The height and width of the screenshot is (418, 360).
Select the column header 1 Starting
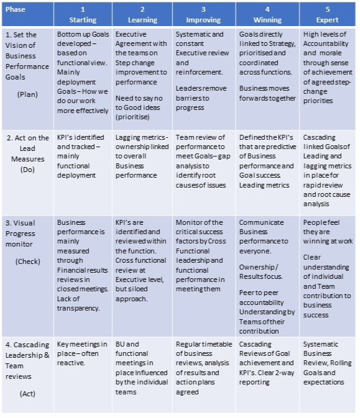[83, 14]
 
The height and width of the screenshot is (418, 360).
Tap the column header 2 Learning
[142, 14]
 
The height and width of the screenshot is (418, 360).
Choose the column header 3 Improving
[203, 14]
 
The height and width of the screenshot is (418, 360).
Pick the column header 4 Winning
[267, 14]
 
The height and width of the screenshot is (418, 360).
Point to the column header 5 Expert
[327, 14]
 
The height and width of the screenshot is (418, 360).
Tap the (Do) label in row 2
[27, 170]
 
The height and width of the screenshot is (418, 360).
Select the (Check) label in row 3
[27, 261]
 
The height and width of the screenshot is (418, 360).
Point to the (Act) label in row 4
[27, 393]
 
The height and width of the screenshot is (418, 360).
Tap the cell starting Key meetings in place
[83, 353]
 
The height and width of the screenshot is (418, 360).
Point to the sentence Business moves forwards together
[267, 93]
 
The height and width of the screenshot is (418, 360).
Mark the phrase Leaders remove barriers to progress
[202, 98]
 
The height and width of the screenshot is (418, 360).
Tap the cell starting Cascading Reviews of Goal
[267, 363]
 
